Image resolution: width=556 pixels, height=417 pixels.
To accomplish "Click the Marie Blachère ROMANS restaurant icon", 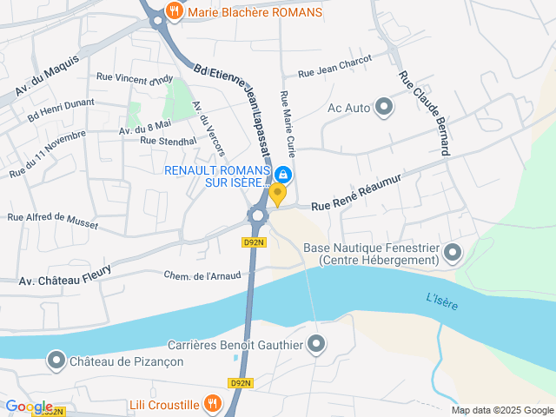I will click(x=175, y=13).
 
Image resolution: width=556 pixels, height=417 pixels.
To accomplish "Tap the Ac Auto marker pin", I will click(x=383, y=108).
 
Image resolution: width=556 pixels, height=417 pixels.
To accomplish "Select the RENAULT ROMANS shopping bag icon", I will click(x=283, y=173).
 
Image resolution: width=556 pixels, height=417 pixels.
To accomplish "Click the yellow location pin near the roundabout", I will click(x=277, y=195).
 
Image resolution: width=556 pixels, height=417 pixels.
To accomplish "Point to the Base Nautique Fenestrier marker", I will click(x=452, y=254).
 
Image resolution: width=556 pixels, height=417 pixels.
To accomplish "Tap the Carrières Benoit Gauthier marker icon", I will click(x=317, y=344).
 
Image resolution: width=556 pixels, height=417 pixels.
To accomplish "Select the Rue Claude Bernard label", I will click(x=424, y=113).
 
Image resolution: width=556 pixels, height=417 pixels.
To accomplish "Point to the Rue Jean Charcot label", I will click(x=334, y=67).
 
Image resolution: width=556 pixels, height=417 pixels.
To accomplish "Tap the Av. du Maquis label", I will click(x=47, y=76).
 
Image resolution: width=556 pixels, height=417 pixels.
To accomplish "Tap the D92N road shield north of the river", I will click(x=253, y=242).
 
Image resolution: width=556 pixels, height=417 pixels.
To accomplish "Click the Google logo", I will click(x=29, y=407).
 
